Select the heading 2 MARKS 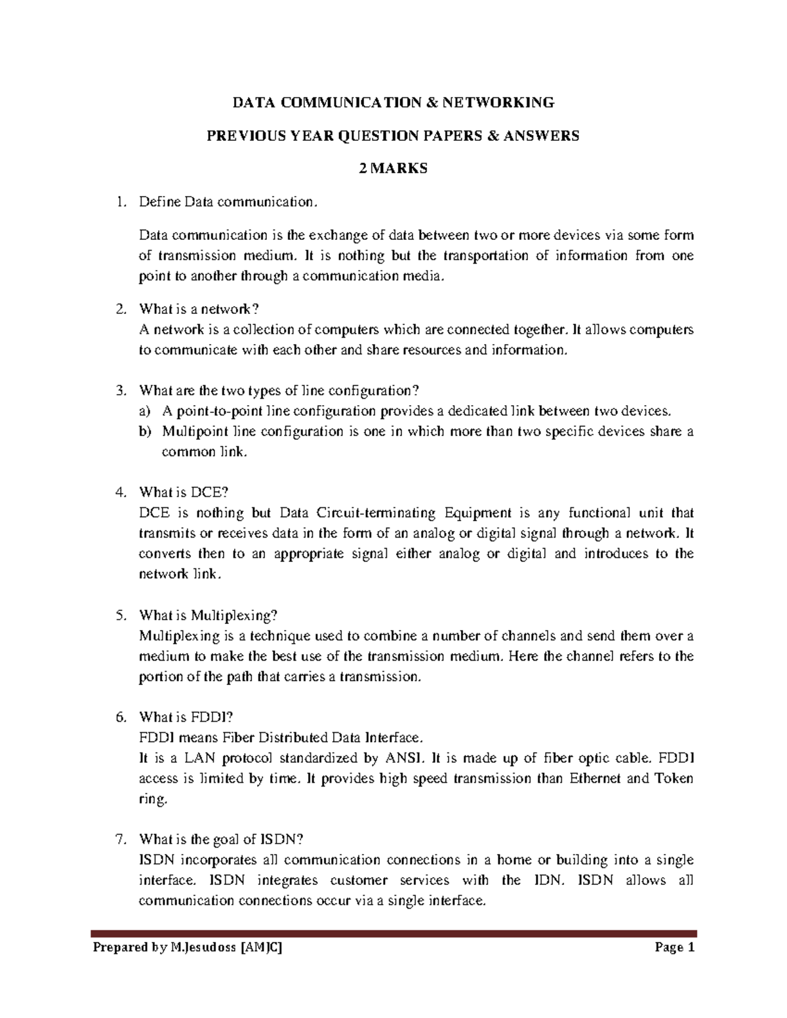click(393, 168)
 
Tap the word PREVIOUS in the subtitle click(244, 136)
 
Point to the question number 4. click(119, 492)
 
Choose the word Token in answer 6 click(674, 779)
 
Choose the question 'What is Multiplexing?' click(209, 616)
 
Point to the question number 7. click(119, 840)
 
